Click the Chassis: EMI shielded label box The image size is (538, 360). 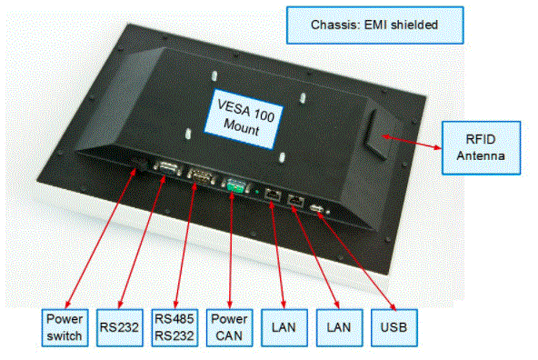[375, 25]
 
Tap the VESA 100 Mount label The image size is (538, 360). [244, 119]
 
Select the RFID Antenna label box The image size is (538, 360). [481, 148]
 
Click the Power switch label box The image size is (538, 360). [65, 327]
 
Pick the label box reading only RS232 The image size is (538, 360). [119, 327]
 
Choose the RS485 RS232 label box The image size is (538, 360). [174, 327]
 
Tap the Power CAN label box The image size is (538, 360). [229, 327]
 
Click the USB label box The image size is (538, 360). [394, 327]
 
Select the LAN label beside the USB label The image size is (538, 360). [339, 327]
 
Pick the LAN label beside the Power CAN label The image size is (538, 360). [284, 327]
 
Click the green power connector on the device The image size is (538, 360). [234, 186]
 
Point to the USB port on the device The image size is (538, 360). [316, 208]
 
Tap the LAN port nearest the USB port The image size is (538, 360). [295, 200]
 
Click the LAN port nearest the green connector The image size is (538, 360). [273, 195]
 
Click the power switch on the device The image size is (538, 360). [140, 165]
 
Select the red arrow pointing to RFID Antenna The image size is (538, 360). [412, 142]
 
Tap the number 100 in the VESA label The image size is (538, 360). [264, 115]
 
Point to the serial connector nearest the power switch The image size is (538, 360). [168, 169]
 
